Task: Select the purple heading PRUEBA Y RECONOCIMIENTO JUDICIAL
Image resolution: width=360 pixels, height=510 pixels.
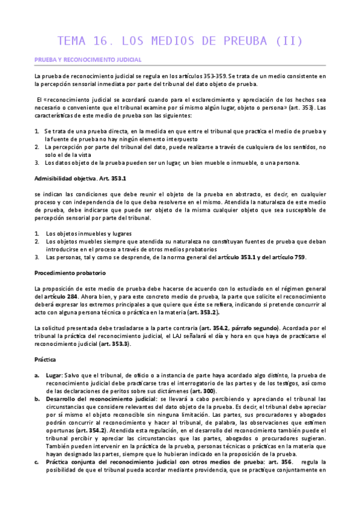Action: click(87, 60)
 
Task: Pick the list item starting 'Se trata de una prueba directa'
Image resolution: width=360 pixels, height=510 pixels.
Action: click(180, 131)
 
